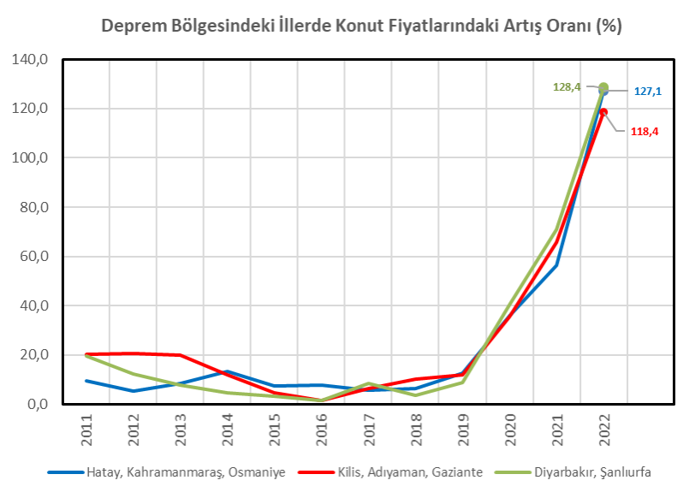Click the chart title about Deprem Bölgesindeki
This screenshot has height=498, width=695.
[x=361, y=26]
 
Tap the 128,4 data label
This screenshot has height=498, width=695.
[x=567, y=86]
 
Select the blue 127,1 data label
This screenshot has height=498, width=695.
[x=647, y=91]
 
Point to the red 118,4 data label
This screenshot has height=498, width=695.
[x=645, y=131]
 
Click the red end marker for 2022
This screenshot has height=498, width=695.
[x=603, y=112]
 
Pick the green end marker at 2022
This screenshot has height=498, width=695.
[x=603, y=87]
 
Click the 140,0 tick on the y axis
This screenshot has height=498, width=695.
[x=31, y=60]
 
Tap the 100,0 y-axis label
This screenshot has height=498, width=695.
[x=31, y=158]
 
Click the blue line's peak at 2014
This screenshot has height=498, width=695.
[x=227, y=371]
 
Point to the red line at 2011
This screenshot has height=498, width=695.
[x=86, y=354]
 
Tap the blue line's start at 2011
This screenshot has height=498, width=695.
[x=86, y=381]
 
